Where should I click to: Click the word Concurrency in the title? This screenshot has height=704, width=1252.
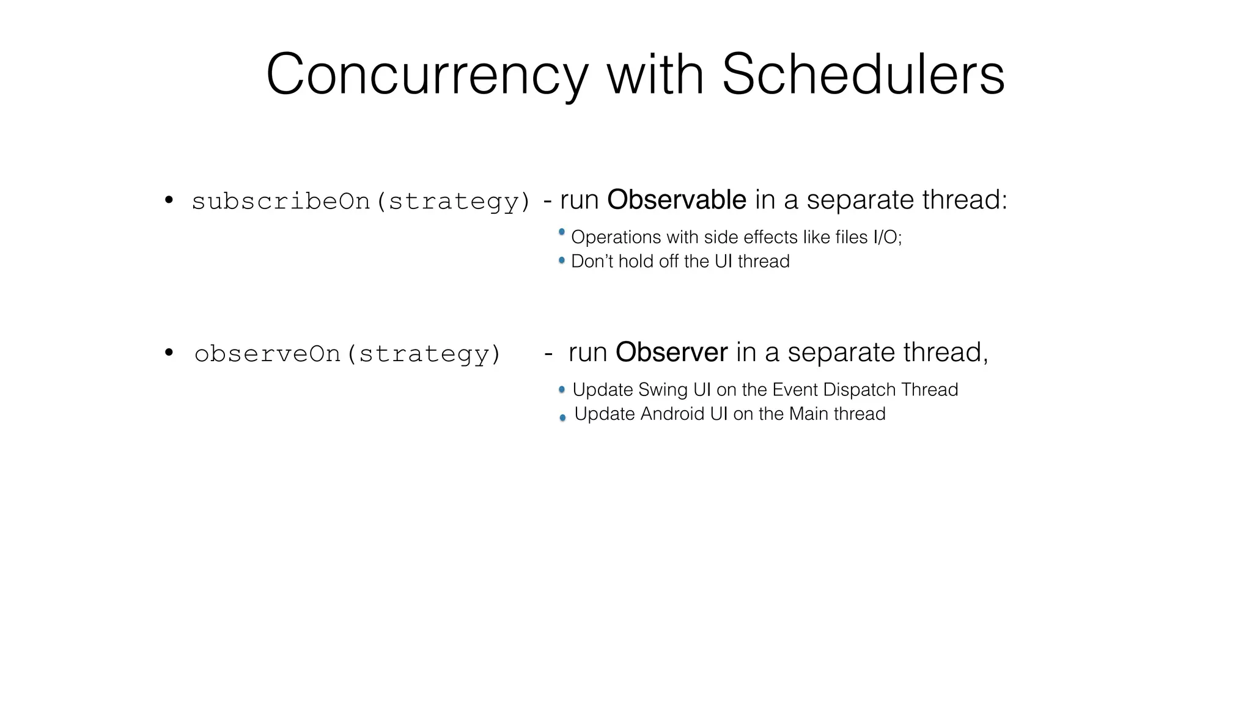(427, 75)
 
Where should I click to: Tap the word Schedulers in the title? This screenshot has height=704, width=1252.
(863, 75)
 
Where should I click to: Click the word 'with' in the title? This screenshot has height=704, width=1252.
(655, 75)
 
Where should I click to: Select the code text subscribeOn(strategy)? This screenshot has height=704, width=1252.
(361, 201)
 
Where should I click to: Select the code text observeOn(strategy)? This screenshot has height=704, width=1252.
(347, 354)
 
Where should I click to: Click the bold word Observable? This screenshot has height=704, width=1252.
(676, 200)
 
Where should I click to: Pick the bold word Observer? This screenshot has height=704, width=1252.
(671, 353)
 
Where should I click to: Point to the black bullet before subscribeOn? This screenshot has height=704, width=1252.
(169, 200)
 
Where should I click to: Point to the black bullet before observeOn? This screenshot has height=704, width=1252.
(169, 353)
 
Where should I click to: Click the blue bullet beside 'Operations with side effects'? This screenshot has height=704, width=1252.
(562, 232)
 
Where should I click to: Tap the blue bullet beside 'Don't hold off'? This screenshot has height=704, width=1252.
(562, 261)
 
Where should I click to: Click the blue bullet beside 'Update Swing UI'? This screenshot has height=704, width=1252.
(562, 390)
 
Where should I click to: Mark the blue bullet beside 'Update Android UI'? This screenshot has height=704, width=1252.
(562, 418)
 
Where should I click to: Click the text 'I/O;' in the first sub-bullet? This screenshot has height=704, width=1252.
(887, 237)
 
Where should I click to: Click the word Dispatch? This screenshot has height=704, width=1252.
(850, 390)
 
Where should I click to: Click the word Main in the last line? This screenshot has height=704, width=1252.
(809, 414)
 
